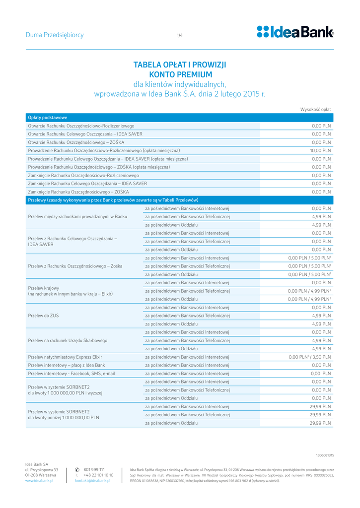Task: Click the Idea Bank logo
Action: pos(295,32)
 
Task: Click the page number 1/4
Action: pos(180,35)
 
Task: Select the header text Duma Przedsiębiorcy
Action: pos(55,35)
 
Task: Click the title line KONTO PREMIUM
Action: pos(180,74)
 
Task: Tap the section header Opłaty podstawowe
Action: pos(48,118)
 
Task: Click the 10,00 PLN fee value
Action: pos(320,150)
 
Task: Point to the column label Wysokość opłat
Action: pos(315,109)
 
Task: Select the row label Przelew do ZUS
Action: pos(44,316)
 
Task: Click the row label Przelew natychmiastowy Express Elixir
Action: pos(65,357)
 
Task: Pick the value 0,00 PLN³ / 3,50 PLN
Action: pos(310,357)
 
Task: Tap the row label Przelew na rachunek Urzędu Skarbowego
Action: pos(68,340)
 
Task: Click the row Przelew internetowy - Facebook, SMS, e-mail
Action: pos(72,374)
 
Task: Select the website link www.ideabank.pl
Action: pos(39,481)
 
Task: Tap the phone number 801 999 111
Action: pos(94,469)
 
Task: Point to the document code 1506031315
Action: pos(325,455)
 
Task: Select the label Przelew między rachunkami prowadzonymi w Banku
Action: pos(77,217)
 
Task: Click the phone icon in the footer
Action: pos(77,469)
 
